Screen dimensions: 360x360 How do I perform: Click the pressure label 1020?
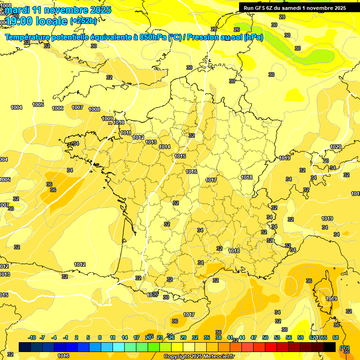point(335,147)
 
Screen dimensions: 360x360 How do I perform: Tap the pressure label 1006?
point(58,108)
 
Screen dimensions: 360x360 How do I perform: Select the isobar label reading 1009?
point(107,119)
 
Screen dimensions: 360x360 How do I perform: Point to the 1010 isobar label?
point(119,122)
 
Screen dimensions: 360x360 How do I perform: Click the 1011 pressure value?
point(126,133)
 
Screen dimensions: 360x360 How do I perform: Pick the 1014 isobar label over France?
point(164,147)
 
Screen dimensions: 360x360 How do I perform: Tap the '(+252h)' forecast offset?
point(83,21)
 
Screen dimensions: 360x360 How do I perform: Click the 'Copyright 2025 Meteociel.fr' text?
point(199,356)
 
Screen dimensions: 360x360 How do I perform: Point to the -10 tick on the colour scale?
point(32,337)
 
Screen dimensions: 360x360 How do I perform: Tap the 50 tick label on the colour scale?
point(265,337)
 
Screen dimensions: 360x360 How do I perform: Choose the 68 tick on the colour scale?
point(336,337)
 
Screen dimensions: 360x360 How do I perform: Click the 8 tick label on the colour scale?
point(100,337)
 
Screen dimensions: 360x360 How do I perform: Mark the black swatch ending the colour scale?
point(330,347)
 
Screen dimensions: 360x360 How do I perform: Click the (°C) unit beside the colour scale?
point(345,347)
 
